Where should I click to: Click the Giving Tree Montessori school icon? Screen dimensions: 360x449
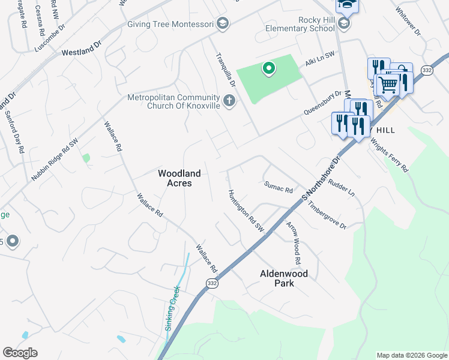[x=222, y=23]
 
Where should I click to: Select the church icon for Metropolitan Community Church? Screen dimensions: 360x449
[x=229, y=100]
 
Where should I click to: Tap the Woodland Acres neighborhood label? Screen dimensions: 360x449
[x=178, y=178]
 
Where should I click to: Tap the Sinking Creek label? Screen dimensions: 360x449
[x=172, y=308]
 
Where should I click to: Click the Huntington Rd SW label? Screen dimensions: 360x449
[x=246, y=211]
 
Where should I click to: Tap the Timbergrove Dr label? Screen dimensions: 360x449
[x=327, y=214]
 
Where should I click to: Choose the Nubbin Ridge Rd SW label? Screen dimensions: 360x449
[x=55, y=160]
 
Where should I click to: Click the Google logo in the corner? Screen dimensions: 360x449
[x=20, y=352]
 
